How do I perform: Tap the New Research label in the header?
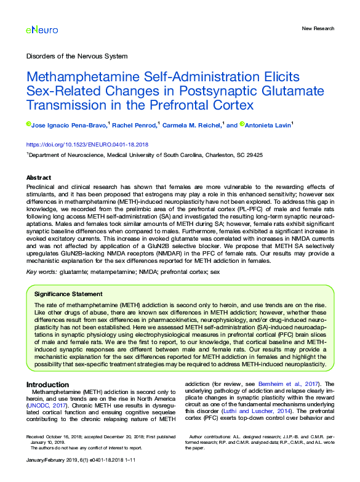click(x=318, y=28)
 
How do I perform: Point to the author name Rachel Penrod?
click(x=134, y=125)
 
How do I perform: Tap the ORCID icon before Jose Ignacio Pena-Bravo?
click(x=28, y=124)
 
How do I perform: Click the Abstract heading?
click(x=39, y=177)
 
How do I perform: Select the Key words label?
click(x=42, y=271)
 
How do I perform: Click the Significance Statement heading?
click(x=68, y=294)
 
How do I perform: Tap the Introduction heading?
click(x=47, y=385)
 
